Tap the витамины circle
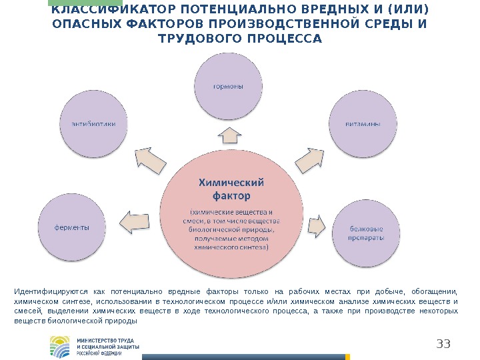pos(359,124)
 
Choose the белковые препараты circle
pos(367,233)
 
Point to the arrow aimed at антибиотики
pos(150,159)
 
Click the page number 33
pos(443,344)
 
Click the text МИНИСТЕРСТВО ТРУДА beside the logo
pos(107,340)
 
